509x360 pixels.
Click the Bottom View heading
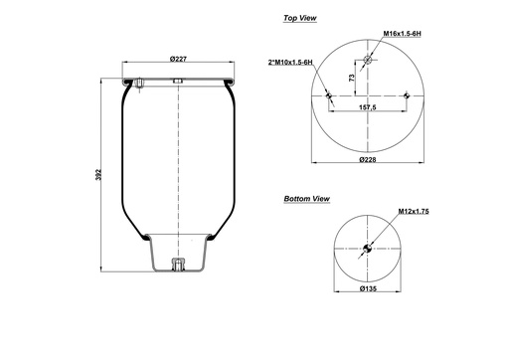click(306, 199)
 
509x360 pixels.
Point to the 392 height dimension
click(96, 175)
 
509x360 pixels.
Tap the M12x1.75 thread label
click(413, 212)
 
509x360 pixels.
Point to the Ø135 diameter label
click(368, 289)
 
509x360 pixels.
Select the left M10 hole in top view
click(328, 95)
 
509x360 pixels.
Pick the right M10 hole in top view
click(409, 95)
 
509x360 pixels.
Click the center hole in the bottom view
click(368, 249)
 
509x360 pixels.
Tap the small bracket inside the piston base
click(177, 265)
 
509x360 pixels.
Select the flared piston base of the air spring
click(177, 254)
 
